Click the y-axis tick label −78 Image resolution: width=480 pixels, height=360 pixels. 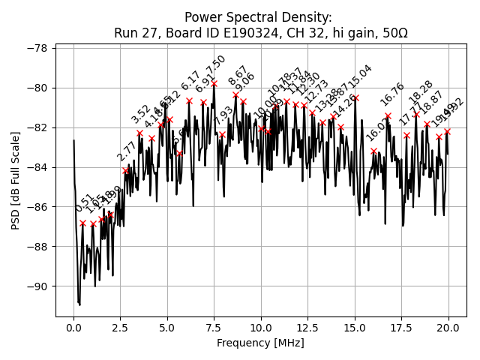click(38, 48)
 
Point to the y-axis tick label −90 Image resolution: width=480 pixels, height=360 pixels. click(38, 286)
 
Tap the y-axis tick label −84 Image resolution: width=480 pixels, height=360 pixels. click(38, 167)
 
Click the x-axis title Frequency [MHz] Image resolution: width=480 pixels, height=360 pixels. click(261, 343)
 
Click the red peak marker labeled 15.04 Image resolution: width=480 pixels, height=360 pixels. click(355, 97)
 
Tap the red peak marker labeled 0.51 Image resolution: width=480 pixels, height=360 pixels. click(83, 223)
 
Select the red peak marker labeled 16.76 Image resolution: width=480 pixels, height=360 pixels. click(388, 115)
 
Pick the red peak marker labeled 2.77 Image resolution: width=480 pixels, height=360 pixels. click(125, 171)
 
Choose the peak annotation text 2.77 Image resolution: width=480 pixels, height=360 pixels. click(126, 151)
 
